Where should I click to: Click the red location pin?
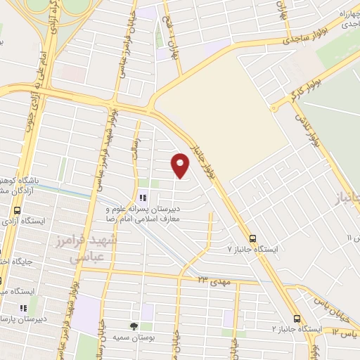(181, 164)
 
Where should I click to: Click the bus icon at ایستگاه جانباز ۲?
(297, 317)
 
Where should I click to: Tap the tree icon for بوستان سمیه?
(134, 326)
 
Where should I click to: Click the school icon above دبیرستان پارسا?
(22, 307)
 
